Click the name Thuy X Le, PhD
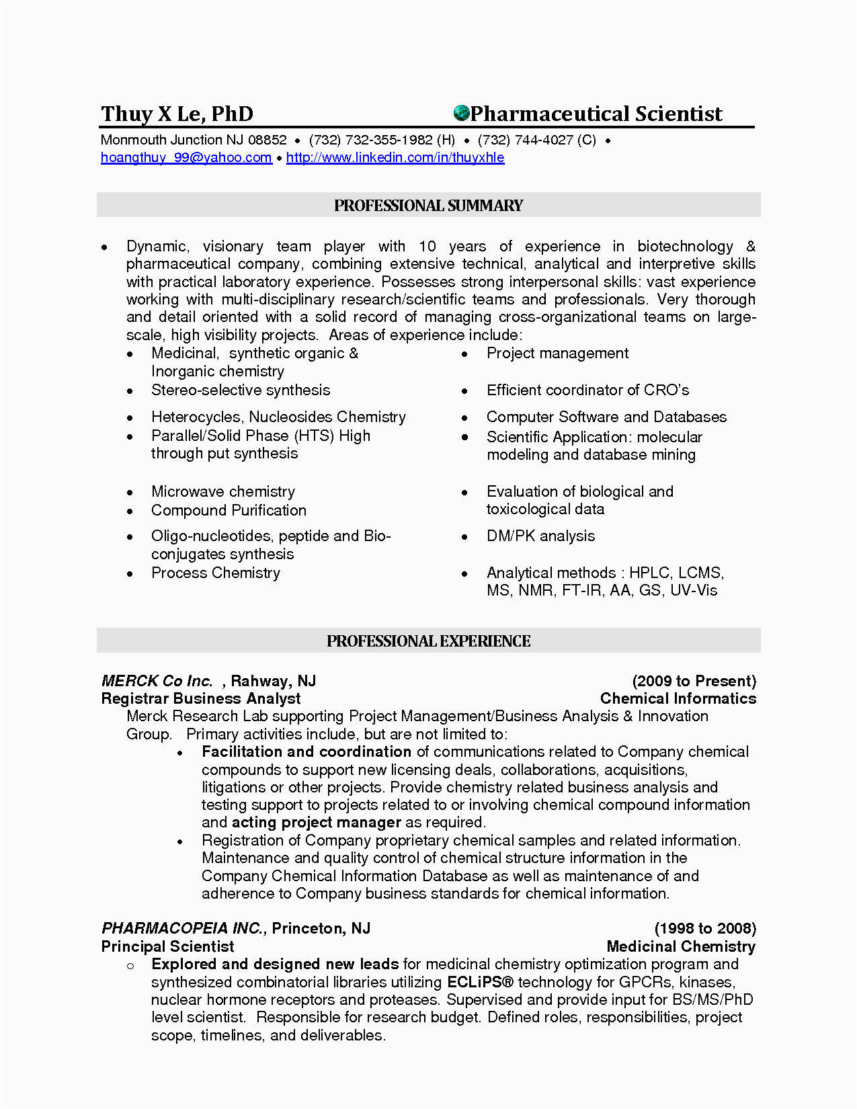coord(177,114)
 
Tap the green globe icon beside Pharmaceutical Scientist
coord(461,112)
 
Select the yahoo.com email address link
coord(186,157)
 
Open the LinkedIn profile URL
coord(395,157)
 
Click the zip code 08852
coord(267,140)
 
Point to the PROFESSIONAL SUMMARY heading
coord(428,206)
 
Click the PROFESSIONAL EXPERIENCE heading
coord(428,641)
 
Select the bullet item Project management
coord(557,354)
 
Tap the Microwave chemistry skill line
coord(222,491)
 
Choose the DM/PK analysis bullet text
coord(540,536)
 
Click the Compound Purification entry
coord(229,510)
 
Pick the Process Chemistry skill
coord(215,573)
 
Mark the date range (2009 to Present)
coord(694,681)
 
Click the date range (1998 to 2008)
coord(705,928)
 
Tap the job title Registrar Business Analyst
coord(200,698)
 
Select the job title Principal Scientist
coord(167,946)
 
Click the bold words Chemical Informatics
coord(678,698)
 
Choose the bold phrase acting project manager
coord(316,822)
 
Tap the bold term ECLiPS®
coord(480,982)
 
